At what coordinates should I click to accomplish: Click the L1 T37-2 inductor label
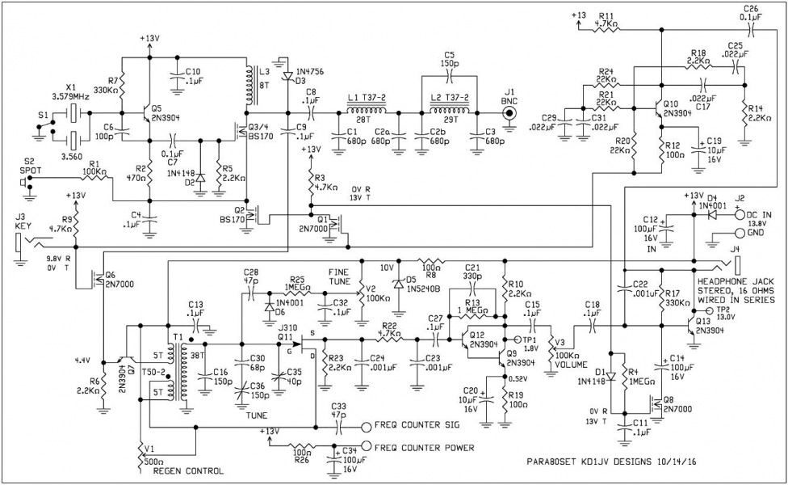coord(364,98)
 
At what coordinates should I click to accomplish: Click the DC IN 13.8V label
coord(754,210)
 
